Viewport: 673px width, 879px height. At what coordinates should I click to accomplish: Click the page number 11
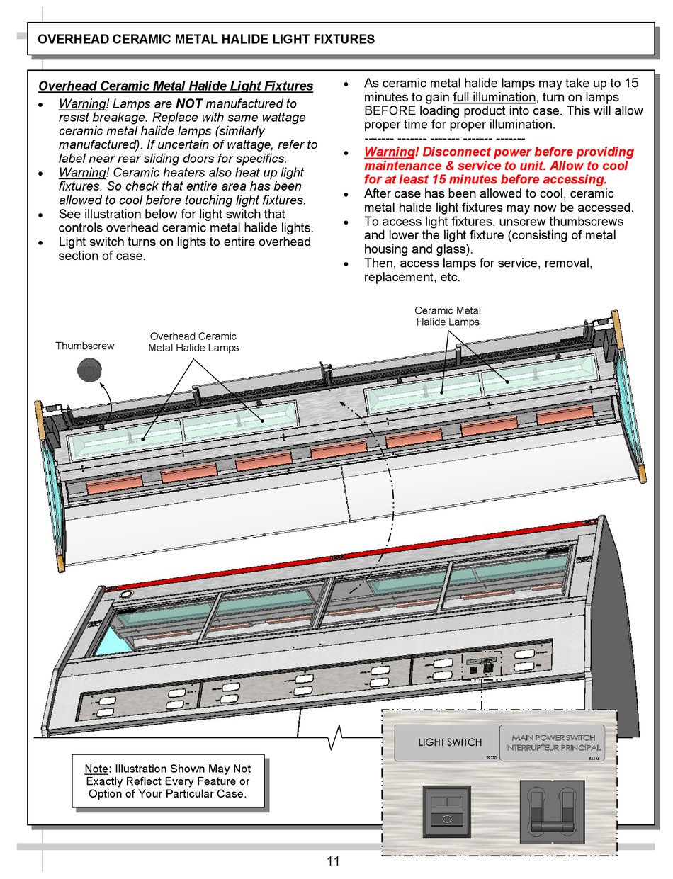[x=333, y=861]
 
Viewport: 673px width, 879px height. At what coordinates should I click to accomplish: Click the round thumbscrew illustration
[x=90, y=370]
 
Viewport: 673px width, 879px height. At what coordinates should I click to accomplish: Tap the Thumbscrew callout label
[x=84, y=346]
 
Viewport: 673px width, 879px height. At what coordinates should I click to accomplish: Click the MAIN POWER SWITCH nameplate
[x=554, y=742]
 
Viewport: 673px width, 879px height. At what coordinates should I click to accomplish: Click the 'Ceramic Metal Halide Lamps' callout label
[x=447, y=316]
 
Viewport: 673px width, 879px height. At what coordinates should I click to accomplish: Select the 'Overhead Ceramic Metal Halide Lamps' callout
[x=193, y=341]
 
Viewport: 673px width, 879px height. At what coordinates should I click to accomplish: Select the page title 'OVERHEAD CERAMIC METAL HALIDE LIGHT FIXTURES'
[x=205, y=40]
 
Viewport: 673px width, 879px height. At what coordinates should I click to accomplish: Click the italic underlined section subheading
[x=175, y=86]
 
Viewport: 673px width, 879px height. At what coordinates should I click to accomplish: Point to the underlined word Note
[x=96, y=769]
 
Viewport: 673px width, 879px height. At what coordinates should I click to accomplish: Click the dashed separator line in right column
[x=444, y=138]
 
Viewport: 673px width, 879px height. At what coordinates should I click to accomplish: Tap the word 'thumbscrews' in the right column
[x=561, y=222]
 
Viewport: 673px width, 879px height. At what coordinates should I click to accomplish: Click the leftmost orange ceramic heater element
[x=114, y=484]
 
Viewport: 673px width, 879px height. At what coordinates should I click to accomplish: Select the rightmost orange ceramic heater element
[x=564, y=416]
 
